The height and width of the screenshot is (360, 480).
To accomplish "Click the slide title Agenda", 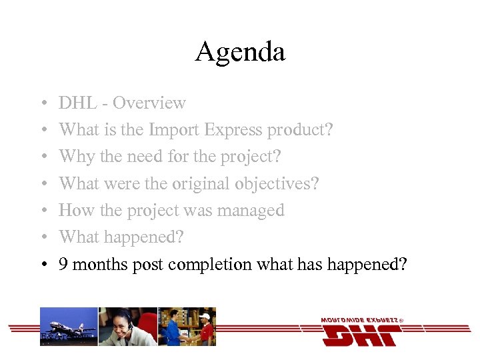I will (x=240, y=52).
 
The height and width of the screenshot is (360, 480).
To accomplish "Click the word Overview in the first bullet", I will (x=149, y=103).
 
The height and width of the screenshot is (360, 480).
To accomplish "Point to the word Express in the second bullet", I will (x=233, y=130).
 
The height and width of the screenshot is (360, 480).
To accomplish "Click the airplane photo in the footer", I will (x=69, y=327).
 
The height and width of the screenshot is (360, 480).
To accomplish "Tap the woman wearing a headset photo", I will (x=127, y=327).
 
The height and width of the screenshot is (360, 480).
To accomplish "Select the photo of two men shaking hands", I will (x=187, y=327).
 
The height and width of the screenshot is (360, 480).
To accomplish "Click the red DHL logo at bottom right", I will (x=361, y=331).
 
